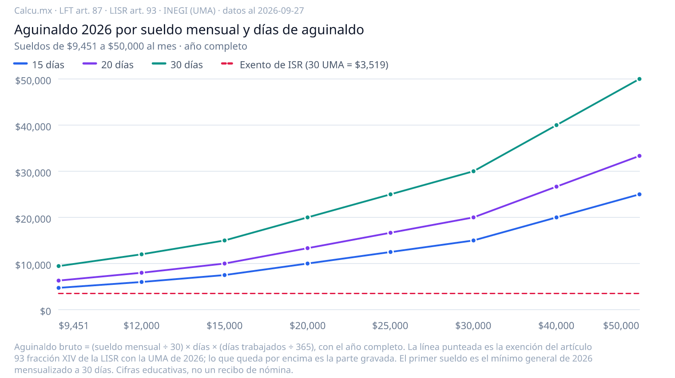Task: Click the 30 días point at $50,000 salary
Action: tap(639, 79)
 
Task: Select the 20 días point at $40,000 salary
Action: tap(556, 187)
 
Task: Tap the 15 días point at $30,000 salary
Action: tap(473, 240)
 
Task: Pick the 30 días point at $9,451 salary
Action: tap(59, 266)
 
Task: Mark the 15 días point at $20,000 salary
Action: tap(308, 264)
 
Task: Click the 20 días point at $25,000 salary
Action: tap(390, 233)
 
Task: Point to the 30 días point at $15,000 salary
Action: tap(225, 240)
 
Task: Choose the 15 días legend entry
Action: tap(39, 65)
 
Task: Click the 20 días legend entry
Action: tap(108, 65)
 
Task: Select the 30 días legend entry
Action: tap(178, 65)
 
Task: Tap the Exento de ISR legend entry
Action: tap(305, 65)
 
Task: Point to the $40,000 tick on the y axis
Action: tap(33, 127)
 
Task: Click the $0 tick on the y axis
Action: tap(45, 311)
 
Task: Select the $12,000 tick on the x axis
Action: tap(142, 326)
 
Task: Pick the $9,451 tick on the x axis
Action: tap(74, 326)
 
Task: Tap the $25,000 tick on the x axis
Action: tap(390, 326)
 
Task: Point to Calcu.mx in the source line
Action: tap(33, 11)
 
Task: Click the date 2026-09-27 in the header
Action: tap(281, 11)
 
